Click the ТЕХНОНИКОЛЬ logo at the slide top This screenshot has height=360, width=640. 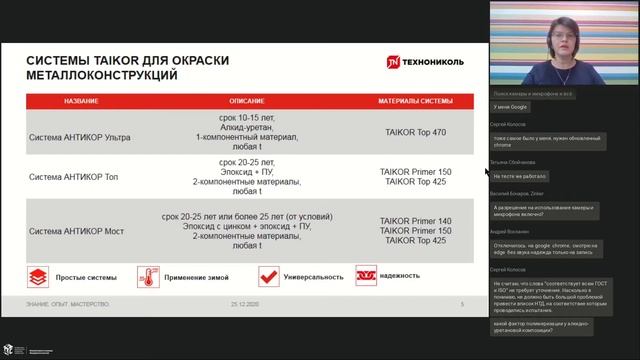421,61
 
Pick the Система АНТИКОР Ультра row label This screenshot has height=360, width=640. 83,131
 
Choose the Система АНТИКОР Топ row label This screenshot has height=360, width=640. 77,176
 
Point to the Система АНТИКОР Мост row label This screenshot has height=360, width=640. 79,231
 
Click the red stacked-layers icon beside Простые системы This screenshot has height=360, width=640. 39,276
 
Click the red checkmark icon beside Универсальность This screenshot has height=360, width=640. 268,276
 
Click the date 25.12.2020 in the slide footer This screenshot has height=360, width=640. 244,303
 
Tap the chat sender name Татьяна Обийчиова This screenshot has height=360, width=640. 514,161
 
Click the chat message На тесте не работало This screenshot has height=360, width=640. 521,175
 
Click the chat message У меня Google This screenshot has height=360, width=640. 511,105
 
